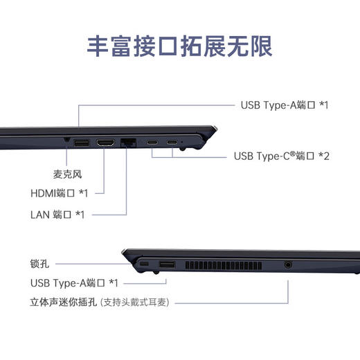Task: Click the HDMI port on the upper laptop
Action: pyautogui.click(x=106, y=143)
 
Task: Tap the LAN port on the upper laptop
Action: pyautogui.click(x=129, y=143)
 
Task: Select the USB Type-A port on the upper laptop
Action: pyautogui.click(x=81, y=143)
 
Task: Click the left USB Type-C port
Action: pyautogui.click(x=152, y=143)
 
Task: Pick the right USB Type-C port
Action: pyautogui.click(x=171, y=143)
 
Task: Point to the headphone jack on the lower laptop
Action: pyautogui.click(x=288, y=264)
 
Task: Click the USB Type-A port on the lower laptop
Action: pyautogui.click(x=167, y=266)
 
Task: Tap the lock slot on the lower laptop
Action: pyautogui.click(x=144, y=266)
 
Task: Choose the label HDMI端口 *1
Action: pyautogui.click(x=59, y=193)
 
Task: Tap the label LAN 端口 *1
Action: pyautogui.click(x=59, y=214)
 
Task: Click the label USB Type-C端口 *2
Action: pyautogui.click(x=282, y=156)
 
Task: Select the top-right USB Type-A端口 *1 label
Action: pyautogui.click(x=284, y=105)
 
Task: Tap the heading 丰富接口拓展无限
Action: pyautogui.click(x=179, y=45)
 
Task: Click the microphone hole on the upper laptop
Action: pyautogui.click(x=66, y=141)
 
